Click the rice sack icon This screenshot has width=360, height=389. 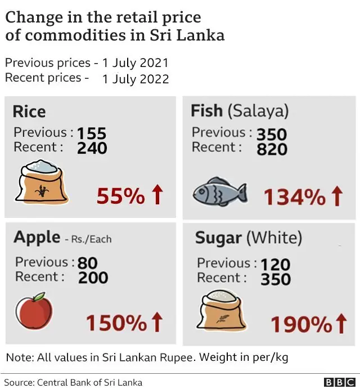(x=43, y=182)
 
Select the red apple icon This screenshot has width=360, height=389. (x=34, y=311)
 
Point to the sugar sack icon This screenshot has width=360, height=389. (x=221, y=310)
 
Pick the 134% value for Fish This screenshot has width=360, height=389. (x=294, y=196)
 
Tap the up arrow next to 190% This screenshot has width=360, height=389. (x=340, y=324)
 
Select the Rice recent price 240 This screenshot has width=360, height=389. (x=92, y=147)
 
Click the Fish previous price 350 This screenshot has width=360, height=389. (x=272, y=134)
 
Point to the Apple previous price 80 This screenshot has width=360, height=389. (x=87, y=263)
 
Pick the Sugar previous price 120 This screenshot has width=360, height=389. (x=275, y=264)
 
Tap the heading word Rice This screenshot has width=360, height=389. (x=29, y=111)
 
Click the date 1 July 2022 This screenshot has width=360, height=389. (x=135, y=79)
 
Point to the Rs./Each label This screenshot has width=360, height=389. (x=91, y=239)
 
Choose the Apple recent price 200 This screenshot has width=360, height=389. (x=93, y=277)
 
